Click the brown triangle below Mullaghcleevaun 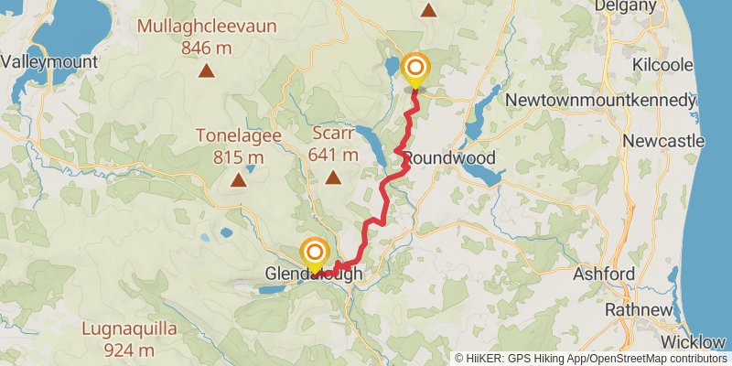point(208,70)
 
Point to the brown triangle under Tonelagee point(239,179)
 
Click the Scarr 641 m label point(333,143)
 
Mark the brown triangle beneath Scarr point(333,178)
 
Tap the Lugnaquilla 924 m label point(129,339)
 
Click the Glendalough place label point(314,274)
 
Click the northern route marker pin point(415,69)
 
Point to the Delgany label point(651,5)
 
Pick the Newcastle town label point(663,141)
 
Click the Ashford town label point(604,274)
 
